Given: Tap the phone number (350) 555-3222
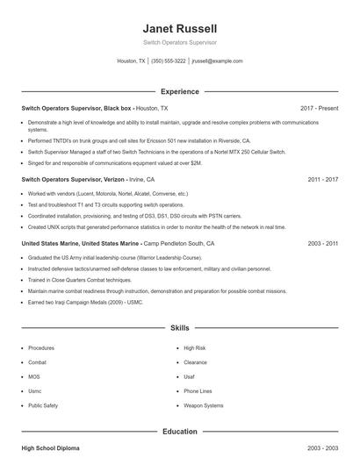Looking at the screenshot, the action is coord(169,61).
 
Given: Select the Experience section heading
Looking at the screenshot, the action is coord(179,91).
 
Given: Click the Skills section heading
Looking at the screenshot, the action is coord(179,327).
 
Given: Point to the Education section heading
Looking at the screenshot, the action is coord(179,432).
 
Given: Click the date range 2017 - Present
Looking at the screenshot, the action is coord(319,108).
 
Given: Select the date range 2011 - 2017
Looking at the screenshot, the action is coord(323,179).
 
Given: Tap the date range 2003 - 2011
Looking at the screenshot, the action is coord(323,242).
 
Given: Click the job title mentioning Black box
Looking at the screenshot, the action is coord(77,108).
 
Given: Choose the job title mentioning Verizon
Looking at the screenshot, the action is coord(75,179).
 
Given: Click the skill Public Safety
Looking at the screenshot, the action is coord(43,406).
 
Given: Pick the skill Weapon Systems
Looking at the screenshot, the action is coord(204,406).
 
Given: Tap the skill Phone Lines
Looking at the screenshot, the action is coord(198,391).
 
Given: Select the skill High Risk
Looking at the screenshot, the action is coord(195,347).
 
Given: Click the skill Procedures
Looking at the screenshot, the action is coord(41,347).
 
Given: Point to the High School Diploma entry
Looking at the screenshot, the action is coord(50,448).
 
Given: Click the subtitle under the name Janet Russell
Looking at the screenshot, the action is coord(179,42).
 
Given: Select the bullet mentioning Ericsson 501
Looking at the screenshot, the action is coord(139,140).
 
